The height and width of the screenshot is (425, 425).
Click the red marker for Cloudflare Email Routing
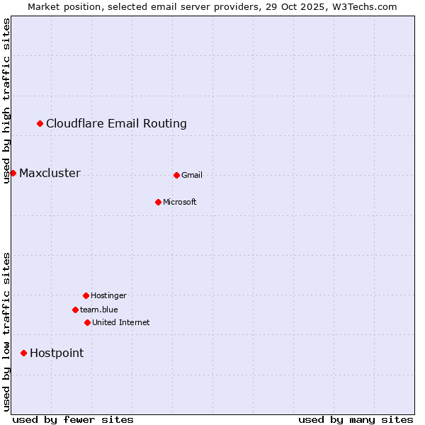click(x=40, y=124)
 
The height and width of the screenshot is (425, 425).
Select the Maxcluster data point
click(x=13, y=174)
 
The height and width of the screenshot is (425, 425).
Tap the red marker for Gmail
click(x=176, y=175)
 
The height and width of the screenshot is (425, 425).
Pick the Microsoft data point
click(x=158, y=202)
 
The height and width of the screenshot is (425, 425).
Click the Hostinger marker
click(x=86, y=295)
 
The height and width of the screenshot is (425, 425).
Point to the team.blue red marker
click(x=75, y=310)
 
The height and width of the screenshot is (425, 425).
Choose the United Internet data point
click(x=87, y=322)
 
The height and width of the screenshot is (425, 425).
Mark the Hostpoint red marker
click(x=23, y=353)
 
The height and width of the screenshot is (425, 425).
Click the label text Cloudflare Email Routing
click(x=116, y=124)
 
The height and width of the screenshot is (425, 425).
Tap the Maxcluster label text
click(x=50, y=174)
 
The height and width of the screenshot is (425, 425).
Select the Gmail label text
click(x=192, y=176)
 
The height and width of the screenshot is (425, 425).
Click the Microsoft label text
click(x=180, y=203)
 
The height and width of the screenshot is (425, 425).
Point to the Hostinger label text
click(x=108, y=296)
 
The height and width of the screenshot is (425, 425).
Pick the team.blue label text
click(x=99, y=310)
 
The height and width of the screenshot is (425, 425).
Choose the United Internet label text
click(x=121, y=323)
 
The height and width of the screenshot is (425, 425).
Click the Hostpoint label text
click(x=57, y=353)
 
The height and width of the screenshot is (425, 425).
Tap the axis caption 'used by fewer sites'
click(x=73, y=419)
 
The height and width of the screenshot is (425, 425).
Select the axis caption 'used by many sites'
click(x=356, y=419)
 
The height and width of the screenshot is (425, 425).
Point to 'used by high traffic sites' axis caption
click(x=6, y=101)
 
